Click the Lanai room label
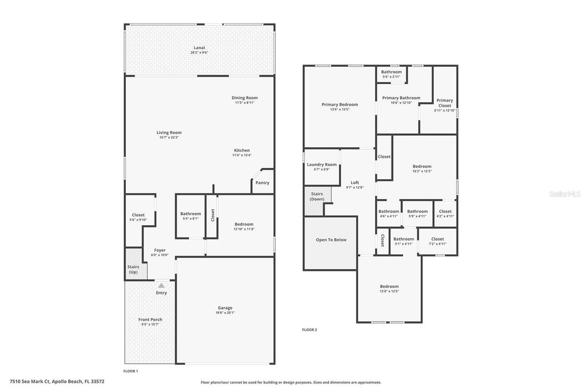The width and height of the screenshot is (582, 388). tap(199, 47)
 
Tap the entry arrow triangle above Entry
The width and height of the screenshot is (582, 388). tap(161, 285)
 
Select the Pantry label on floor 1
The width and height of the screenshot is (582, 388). tap(262, 183)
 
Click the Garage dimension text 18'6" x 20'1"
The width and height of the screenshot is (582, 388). tap(225, 312)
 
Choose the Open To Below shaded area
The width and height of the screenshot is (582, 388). tap(331, 243)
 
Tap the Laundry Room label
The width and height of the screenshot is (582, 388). tap(321, 165)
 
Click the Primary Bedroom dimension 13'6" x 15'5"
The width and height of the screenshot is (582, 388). tap(340, 109)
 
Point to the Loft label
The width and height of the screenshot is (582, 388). tap(355, 182)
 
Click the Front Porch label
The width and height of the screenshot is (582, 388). tap(150, 319)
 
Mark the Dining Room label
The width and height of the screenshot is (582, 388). tap(245, 98)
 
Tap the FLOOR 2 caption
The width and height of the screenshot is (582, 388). tap(310, 330)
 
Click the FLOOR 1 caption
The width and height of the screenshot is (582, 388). tap(130, 371)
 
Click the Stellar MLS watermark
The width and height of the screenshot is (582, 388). tap(565, 194)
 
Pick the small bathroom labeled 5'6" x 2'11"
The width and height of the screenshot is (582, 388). tap(391, 74)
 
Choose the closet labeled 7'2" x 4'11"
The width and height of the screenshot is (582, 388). tap(437, 241)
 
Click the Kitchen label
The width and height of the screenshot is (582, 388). tap(241, 151)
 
